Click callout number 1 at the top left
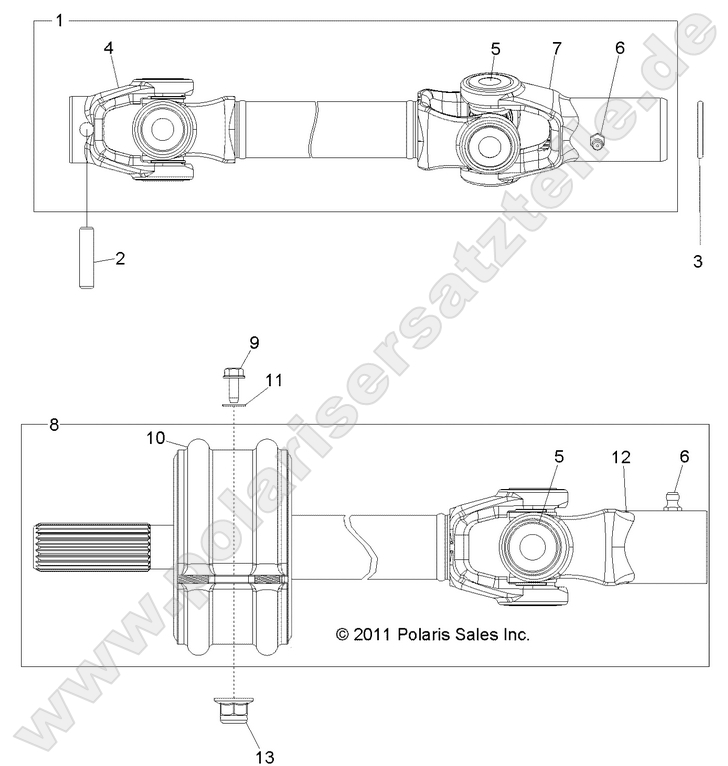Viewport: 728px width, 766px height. [59, 20]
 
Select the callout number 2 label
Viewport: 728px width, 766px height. [120, 258]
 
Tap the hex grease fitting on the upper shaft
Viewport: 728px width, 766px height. [597, 141]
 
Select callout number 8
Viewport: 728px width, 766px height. [54, 425]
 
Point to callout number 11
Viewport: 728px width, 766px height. [274, 379]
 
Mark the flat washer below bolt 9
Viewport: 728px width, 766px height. [232, 405]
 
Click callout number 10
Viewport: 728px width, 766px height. [156, 437]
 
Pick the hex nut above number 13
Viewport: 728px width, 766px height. [233, 714]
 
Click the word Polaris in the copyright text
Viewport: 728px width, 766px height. [427, 634]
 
